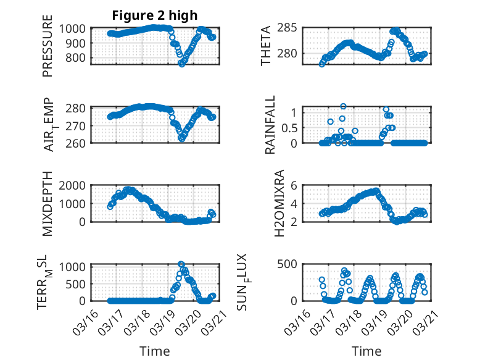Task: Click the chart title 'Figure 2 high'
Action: pos(154,15)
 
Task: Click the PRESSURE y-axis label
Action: pos(48,51)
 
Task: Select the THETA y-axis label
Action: pos(266,46)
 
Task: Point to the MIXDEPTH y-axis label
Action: pos(48,204)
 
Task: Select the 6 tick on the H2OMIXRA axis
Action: pos(295,185)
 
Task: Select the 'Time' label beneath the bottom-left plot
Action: pos(154,351)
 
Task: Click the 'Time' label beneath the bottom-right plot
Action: pos(366,351)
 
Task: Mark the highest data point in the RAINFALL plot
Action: pos(343,106)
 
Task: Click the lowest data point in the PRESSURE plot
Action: pos(181,63)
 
